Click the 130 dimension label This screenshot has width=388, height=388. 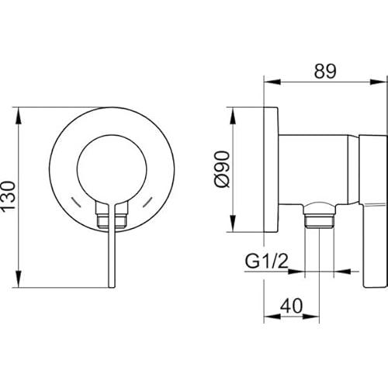[8, 196]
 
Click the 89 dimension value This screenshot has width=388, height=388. [325, 71]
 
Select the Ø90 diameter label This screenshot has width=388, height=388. [222, 169]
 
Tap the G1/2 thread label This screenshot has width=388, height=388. [266, 262]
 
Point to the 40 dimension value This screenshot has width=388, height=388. [291, 306]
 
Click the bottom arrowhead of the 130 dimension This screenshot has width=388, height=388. [19, 279]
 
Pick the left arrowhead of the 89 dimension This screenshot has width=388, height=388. [272, 81]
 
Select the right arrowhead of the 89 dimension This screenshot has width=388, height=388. [379, 81]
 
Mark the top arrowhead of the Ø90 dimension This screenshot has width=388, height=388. [233, 116]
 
